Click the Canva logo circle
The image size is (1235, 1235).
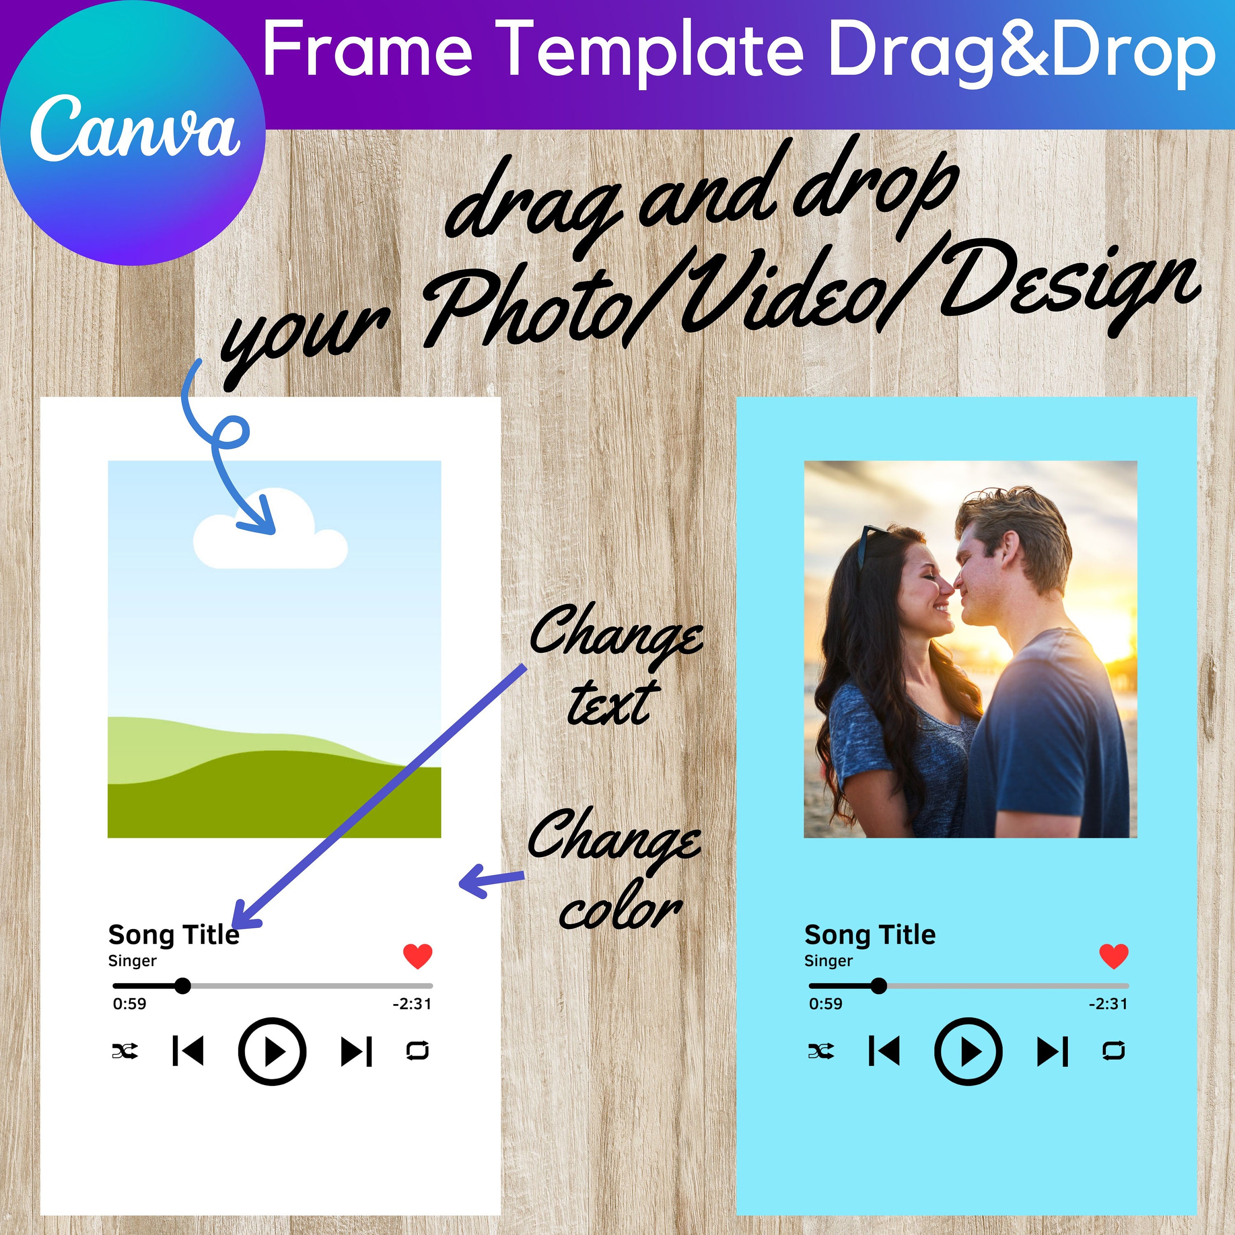[x=132, y=132]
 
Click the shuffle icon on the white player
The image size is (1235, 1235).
[x=125, y=1051]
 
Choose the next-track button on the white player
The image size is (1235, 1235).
[x=357, y=1051]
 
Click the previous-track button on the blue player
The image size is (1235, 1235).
[x=884, y=1051]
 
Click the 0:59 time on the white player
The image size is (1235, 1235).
[x=129, y=1004]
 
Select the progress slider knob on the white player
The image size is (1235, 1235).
[x=183, y=986]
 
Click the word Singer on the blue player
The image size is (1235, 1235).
[x=828, y=961]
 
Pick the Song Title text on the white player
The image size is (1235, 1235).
[x=174, y=934]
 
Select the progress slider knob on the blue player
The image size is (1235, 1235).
[x=879, y=986]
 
